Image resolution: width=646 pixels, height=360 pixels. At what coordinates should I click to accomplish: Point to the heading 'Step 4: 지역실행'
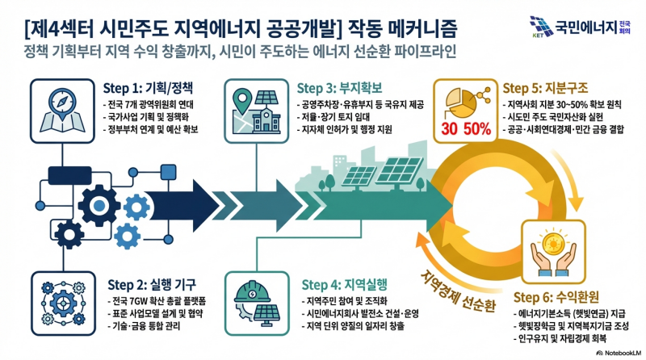tap(345, 284)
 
